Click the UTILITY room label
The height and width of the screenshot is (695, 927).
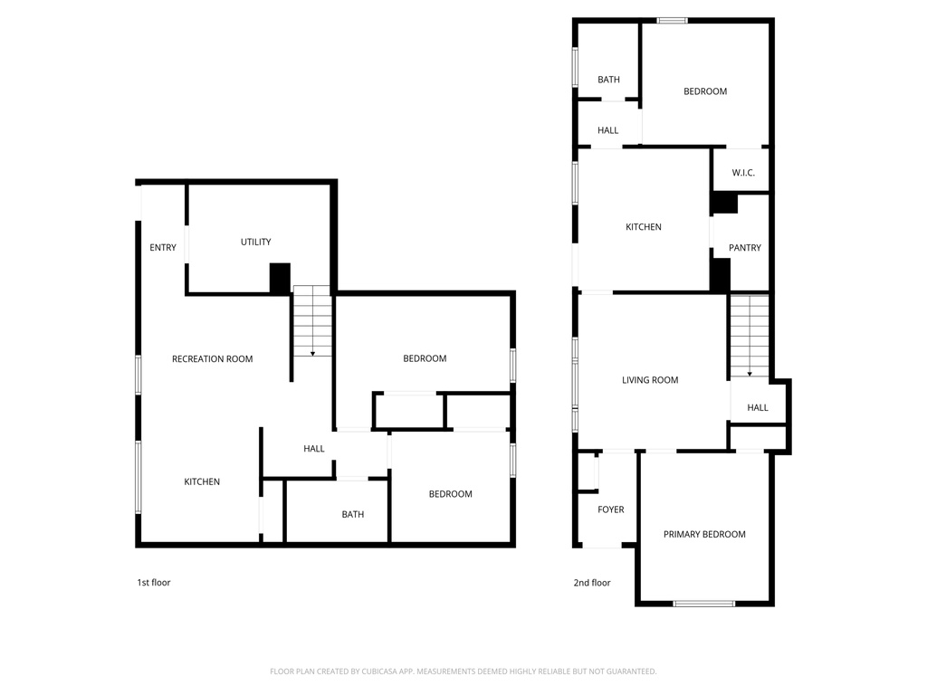click(255, 242)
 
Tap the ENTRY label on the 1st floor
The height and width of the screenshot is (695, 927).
click(163, 248)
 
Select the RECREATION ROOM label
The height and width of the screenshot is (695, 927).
click(212, 359)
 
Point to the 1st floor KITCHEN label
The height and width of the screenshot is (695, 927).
click(202, 482)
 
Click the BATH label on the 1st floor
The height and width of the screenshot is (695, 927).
click(353, 515)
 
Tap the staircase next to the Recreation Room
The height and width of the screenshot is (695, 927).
click(312, 321)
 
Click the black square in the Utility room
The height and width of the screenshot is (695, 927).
click(280, 278)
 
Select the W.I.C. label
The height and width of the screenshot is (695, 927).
click(743, 173)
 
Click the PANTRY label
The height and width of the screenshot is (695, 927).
click(744, 248)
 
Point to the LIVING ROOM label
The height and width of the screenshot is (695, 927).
click(650, 380)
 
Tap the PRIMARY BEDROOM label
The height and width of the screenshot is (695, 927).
click(704, 535)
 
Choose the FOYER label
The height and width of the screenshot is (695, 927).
click(611, 509)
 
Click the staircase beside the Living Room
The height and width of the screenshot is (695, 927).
click(750, 337)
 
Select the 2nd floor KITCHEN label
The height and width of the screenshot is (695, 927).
click(644, 227)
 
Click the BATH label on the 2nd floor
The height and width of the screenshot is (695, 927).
click(608, 80)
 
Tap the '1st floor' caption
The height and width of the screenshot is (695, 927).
click(153, 583)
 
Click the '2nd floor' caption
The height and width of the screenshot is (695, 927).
click(592, 583)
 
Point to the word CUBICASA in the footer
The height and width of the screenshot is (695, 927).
click(383, 671)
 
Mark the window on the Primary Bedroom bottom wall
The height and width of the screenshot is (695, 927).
click(704, 603)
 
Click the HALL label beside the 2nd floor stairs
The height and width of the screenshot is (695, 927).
click(758, 408)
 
